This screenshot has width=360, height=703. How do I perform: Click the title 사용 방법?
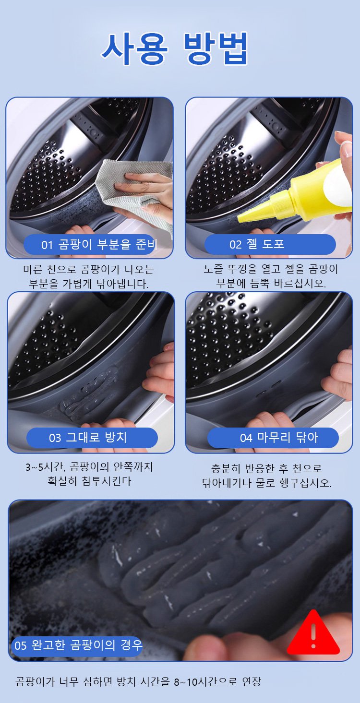pyautogui.click(x=175, y=48)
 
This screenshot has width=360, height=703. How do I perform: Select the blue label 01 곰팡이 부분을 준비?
pyautogui.click(x=90, y=244)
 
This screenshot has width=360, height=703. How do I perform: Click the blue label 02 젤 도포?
pyautogui.click(x=270, y=244)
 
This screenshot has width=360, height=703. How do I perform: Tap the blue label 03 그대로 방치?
pyautogui.click(x=92, y=438)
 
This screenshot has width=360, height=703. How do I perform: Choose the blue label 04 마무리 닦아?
pyautogui.click(x=273, y=438)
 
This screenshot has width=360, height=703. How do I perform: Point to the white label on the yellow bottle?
pyautogui.click(x=337, y=187)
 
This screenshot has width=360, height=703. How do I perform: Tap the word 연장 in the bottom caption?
pyautogui.click(x=252, y=681)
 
